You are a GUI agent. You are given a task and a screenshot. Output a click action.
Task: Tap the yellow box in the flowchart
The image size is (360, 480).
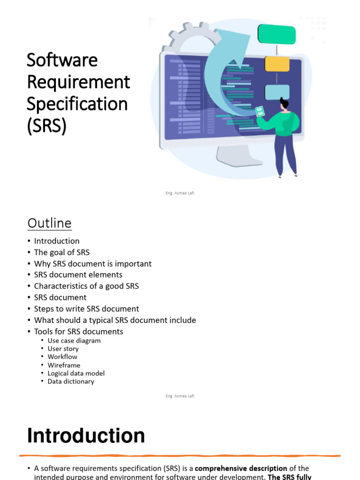tap(277, 64)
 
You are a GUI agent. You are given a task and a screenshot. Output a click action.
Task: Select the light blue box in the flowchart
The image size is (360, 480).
tap(277, 92)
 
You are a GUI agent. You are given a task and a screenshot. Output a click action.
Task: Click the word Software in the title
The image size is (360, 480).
tap(62, 60)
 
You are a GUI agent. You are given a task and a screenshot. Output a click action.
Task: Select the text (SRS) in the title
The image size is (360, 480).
tap(46, 125)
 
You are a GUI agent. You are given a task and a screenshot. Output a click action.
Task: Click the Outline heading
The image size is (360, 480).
tap(49, 223)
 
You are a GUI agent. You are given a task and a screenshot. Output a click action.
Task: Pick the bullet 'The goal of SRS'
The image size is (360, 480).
tap(62, 252)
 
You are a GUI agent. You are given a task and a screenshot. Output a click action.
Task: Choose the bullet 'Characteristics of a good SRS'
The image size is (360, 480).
tap(86, 286)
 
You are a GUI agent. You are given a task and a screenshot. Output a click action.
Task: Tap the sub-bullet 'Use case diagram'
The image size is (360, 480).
tap(74, 341)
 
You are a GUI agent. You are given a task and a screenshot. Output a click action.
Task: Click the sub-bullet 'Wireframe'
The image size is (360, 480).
tap(64, 365)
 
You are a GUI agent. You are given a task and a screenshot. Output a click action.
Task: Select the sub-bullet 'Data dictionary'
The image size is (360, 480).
tap(71, 382)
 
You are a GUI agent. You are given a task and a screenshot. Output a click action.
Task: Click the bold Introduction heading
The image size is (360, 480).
tap(86, 436)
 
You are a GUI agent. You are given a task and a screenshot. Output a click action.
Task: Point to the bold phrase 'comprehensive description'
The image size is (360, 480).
tap(241, 468)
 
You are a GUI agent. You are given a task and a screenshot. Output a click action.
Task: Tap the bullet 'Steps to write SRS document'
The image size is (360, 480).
tap(86, 309)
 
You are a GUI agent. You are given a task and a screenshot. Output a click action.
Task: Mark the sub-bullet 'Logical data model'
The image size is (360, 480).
tap(76, 373)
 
